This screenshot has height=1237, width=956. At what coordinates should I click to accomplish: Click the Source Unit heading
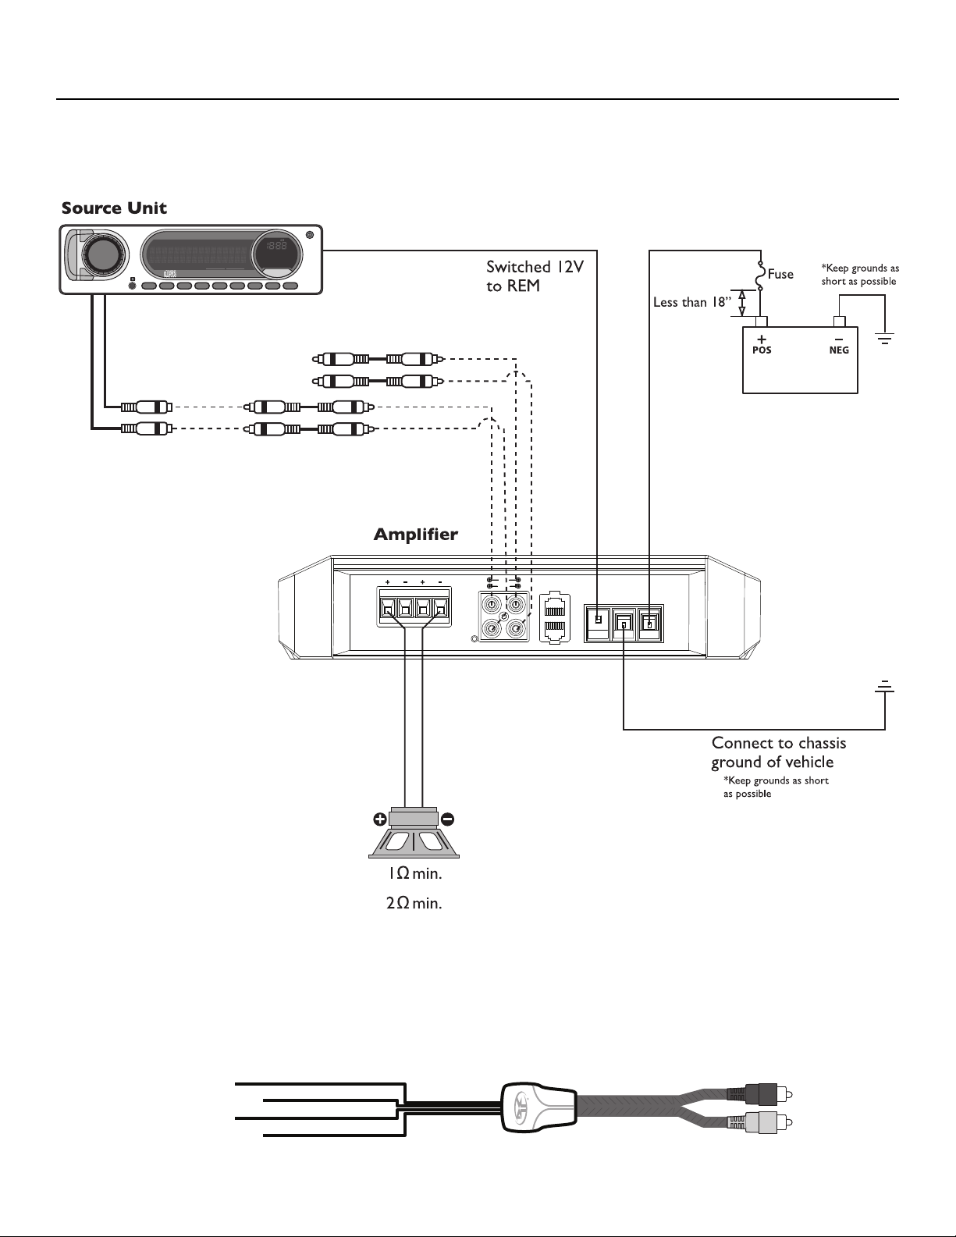pyautogui.click(x=114, y=208)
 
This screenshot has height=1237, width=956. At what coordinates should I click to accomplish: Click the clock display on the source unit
pyautogui.click(x=276, y=247)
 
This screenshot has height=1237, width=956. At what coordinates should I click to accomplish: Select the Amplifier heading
pyautogui.click(x=415, y=535)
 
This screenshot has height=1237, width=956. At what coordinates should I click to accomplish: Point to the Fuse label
pyautogui.click(x=780, y=275)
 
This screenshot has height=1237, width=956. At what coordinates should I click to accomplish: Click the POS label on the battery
pyautogui.click(x=762, y=350)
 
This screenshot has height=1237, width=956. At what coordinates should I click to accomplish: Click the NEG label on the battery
pyautogui.click(x=839, y=350)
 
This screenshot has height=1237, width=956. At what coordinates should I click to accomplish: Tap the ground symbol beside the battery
pyautogui.click(x=885, y=339)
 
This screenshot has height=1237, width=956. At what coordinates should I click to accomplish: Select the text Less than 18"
pyautogui.click(x=691, y=302)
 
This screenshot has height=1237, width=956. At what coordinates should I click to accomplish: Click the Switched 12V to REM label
pyautogui.click(x=535, y=276)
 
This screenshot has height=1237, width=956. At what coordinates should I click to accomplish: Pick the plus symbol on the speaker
pyautogui.click(x=379, y=819)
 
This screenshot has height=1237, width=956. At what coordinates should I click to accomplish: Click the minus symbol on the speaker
pyautogui.click(x=447, y=819)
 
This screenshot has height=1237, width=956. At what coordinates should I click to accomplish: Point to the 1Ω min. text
pyautogui.click(x=415, y=873)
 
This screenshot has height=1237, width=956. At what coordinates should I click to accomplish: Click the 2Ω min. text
pyautogui.click(x=414, y=904)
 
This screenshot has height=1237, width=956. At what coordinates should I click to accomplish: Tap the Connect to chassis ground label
pyautogui.click(x=779, y=752)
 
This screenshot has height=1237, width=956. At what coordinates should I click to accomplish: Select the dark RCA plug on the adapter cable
pyautogui.click(x=759, y=1093)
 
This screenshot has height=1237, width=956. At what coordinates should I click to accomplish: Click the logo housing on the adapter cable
pyautogui.click(x=539, y=1107)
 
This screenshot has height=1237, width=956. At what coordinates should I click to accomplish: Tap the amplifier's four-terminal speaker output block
pyautogui.click(x=414, y=607)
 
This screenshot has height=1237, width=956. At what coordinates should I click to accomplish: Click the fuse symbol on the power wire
pyautogui.click(x=761, y=275)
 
